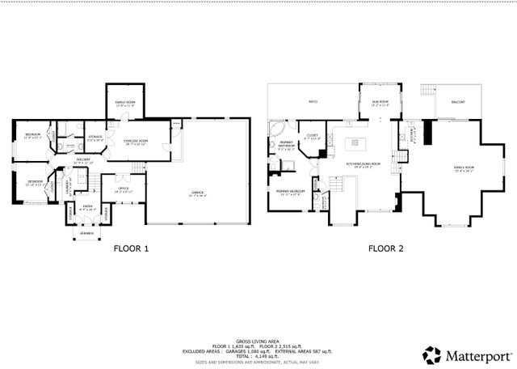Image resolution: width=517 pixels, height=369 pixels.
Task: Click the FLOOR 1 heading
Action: click(x=130, y=249)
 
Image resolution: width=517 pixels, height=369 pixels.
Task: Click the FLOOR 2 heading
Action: click(x=385, y=249)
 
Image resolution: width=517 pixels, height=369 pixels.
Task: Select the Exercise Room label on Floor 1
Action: click(x=136, y=143)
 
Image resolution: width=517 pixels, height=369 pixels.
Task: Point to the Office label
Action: click(x=124, y=191)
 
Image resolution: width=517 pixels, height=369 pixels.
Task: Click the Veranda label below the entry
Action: click(x=86, y=233)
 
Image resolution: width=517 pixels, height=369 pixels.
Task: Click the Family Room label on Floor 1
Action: click(x=124, y=104)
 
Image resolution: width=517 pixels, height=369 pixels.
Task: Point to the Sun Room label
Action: click(x=380, y=104)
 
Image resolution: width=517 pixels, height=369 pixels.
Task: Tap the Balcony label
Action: click(x=458, y=102)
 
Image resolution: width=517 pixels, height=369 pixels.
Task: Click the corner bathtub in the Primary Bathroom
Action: click(x=275, y=131)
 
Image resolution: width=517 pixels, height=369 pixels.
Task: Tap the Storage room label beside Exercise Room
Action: click(x=95, y=138)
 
